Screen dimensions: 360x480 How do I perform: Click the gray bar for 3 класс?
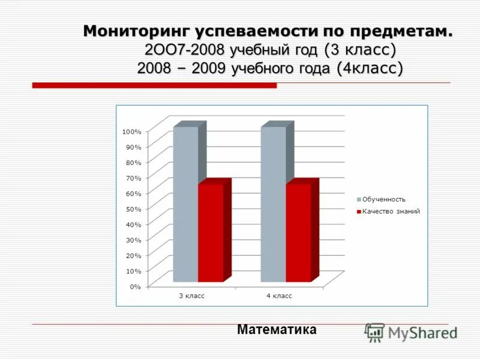(185, 204)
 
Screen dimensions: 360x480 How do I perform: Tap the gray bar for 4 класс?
(273, 204)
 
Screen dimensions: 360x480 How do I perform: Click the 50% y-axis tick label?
(133, 209)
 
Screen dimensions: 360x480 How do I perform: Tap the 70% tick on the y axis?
(133, 178)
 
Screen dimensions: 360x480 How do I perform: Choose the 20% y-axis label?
(133, 256)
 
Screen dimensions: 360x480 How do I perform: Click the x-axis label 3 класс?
(192, 296)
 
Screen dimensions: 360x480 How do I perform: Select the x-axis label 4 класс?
(279, 296)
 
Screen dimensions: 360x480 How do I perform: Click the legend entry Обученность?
(384, 199)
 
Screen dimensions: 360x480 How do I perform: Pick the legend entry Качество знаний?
(391, 211)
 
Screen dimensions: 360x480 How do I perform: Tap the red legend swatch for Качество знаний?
(359, 211)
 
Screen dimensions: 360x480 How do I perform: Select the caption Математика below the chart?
(277, 329)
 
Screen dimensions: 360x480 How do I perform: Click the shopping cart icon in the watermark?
(374, 332)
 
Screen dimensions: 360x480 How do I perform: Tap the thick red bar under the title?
(154, 86)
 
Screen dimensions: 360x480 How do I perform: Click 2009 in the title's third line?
(208, 68)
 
